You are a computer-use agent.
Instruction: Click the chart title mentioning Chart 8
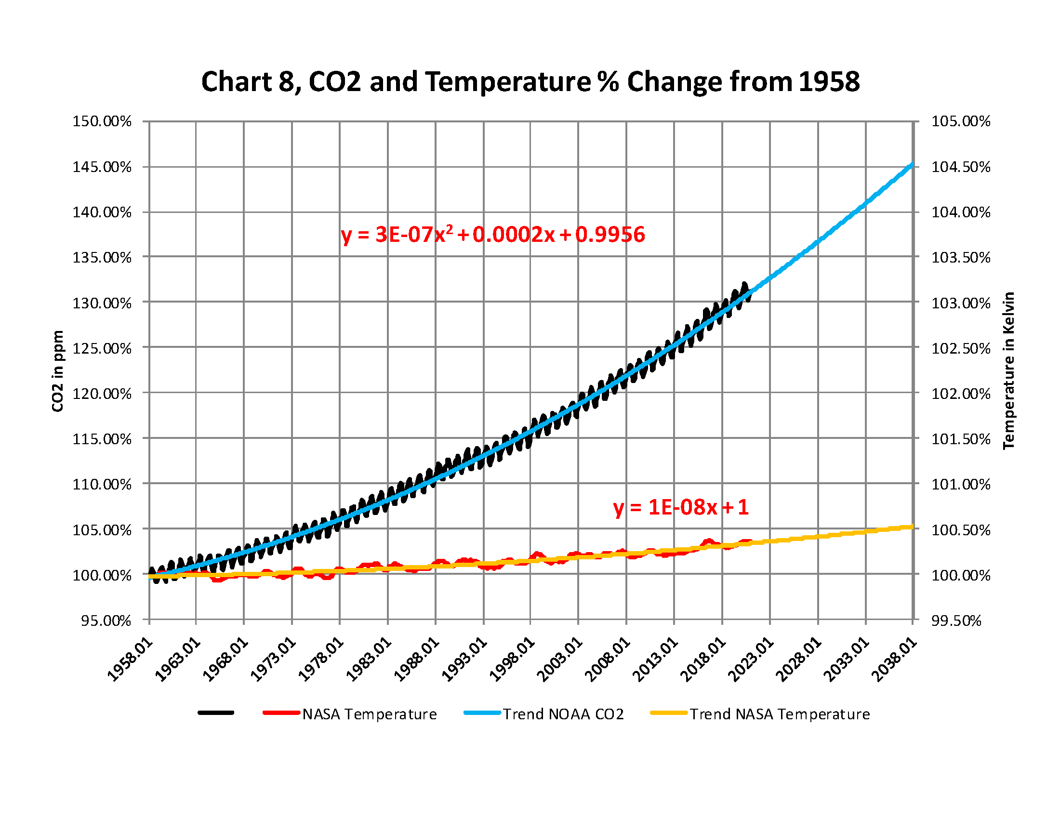530,81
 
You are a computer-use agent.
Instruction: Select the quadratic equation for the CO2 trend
492,235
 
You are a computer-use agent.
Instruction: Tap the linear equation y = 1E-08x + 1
680,507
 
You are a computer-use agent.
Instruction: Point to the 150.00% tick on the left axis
102,121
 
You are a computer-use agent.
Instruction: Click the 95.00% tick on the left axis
106,621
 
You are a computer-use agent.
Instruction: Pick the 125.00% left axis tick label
102,348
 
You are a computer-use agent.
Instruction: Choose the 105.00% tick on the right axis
960,121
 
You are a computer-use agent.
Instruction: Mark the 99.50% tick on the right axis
956,621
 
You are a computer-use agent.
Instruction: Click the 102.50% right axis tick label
960,348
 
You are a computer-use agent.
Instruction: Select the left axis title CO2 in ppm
58,371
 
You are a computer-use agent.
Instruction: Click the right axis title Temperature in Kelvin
1009,370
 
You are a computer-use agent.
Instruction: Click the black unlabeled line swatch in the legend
216,713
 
